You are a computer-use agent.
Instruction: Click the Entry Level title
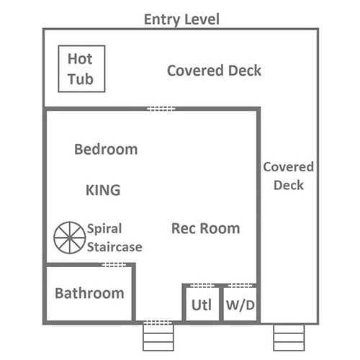click(181, 19)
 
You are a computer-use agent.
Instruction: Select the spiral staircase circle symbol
click(70, 238)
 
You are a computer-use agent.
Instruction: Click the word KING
click(103, 190)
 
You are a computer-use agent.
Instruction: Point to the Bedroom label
click(106, 149)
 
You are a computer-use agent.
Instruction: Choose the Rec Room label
click(206, 228)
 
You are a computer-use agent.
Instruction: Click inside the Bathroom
click(89, 293)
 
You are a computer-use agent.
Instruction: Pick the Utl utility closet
click(202, 304)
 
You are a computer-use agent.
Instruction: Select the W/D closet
click(240, 304)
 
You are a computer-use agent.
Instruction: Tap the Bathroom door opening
click(114, 265)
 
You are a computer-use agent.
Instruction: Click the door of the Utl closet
click(202, 286)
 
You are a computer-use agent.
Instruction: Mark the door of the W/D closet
click(240, 286)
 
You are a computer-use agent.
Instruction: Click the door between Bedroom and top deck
click(161, 109)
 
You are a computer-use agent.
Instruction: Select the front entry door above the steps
click(158, 323)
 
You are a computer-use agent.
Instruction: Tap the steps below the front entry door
click(158, 338)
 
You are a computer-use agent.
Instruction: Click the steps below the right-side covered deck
click(289, 338)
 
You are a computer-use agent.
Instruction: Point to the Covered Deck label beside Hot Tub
click(214, 71)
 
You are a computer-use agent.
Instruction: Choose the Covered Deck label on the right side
click(289, 176)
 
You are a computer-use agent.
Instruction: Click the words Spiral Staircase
click(114, 238)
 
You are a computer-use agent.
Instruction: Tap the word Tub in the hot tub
click(81, 79)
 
